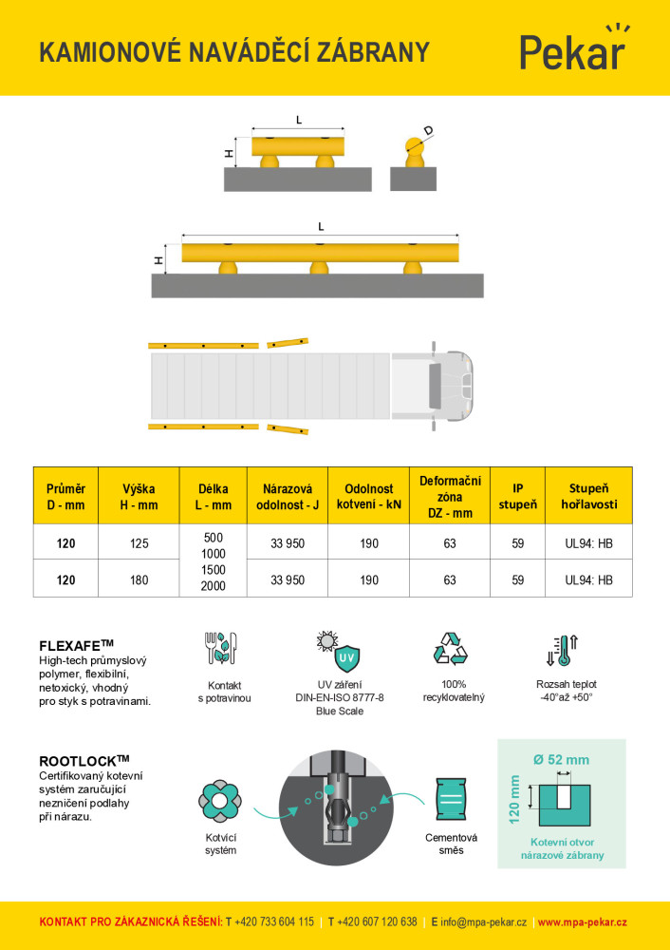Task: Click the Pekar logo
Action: pyautogui.click(x=572, y=49)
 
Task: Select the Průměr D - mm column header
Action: pyautogui.click(x=65, y=496)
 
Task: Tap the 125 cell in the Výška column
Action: pyautogui.click(x=139, y=544)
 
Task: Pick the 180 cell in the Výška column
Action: pyautogui.click(x=139, y=579)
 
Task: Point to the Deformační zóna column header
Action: pyautogui.click(x=450, y=496)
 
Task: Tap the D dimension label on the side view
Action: pyautogui.click(x=429, y=130)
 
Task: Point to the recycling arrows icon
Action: pyautogui.click(x=450, y=648)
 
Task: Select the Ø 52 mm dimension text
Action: pyautogui.click(x=561, y=759)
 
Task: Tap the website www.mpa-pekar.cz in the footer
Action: pyautogui.click(x=582, y=922)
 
